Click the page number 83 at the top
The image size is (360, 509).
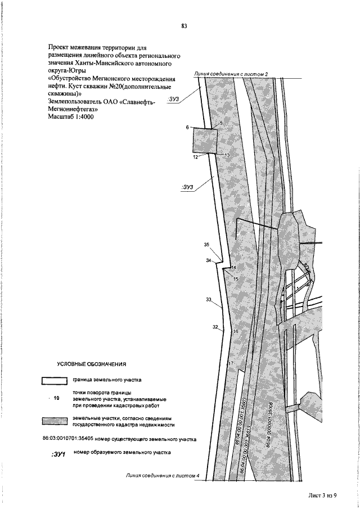pos(184,26)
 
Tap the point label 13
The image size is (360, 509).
pos(228,155)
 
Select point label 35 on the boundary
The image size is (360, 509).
pos(206,245)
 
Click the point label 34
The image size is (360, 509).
pos(208,260)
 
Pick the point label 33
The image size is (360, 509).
pos(209,300)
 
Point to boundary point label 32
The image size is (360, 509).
pos(215,327)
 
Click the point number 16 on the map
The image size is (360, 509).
pos(236,332)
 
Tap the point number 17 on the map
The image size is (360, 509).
pos(230,364)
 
